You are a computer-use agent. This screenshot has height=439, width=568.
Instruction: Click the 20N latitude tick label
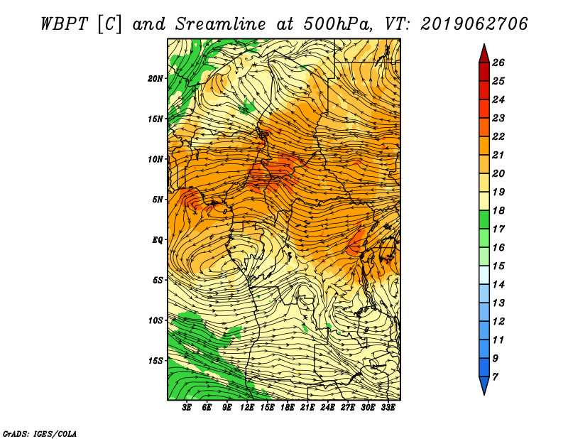(x=155, y=79)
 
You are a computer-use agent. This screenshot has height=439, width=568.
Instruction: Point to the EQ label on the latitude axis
(x=157, y=240)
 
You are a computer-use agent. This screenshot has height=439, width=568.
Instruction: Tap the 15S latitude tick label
(x=155, y=361)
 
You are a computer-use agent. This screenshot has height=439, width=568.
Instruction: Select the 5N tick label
(x=157, y=200)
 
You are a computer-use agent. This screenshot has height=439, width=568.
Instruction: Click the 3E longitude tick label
(x=187, y=407)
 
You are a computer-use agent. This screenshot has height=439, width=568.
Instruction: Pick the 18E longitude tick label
(x=287, y=407)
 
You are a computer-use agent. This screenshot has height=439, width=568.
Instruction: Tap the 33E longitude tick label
(x=388, y=407)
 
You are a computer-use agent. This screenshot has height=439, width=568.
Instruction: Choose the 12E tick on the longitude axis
(x=246, y=407)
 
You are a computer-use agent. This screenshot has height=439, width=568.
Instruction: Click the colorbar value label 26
(x=498, y=63)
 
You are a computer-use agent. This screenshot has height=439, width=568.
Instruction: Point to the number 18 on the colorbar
(x=498, y=210)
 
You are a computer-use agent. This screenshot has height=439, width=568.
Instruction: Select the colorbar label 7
(x=495, y=377)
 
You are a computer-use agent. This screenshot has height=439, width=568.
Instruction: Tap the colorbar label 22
(x=498, y=136)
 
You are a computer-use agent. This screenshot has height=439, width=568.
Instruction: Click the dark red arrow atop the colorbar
(x=484, y=54)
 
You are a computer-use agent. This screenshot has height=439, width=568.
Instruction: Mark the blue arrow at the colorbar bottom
(x=484, y=385)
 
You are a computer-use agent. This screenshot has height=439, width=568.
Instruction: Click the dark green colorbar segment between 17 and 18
(x=484, y=220)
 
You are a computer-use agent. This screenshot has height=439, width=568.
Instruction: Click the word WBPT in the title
(x=65, y=24)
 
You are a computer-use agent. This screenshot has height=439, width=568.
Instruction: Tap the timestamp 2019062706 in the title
(x=474, y=24)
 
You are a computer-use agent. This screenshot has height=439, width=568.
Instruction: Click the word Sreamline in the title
(x=221, y=24)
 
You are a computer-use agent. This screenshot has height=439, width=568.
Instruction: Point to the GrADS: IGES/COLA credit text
(x=40, y=434)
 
